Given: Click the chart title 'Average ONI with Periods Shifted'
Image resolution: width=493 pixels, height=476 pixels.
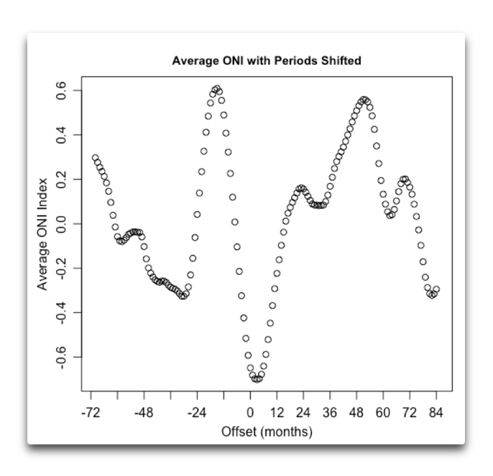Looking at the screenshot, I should (266, 60).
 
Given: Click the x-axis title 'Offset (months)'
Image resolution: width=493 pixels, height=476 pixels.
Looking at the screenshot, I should (267, 431).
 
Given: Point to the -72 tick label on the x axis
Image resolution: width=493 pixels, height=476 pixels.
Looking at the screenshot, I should (91, 413).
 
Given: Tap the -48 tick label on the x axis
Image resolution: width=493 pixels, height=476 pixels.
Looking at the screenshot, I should (144, 413).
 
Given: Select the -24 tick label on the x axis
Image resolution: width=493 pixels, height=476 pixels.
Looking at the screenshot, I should (197, 413).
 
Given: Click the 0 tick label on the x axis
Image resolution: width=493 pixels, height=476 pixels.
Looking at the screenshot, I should (250, 413).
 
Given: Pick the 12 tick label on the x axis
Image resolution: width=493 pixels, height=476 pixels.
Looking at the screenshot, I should (277, 413).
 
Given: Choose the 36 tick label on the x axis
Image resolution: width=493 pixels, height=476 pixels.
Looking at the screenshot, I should (330, 413).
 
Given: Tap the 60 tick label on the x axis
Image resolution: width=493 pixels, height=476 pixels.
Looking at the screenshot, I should (383, 413).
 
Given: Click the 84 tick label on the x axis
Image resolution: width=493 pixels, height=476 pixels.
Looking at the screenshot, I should (436, 413).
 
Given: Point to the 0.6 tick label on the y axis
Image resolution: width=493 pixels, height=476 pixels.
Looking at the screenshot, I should (62, 90).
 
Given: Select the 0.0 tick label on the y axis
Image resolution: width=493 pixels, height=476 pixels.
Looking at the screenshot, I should (62, 224).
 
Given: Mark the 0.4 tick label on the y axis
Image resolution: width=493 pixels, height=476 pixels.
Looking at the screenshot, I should (62, 134).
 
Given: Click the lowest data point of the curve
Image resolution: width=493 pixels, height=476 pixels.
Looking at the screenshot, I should (257, 379).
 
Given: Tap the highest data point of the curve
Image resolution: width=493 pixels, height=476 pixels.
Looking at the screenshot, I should (216, 88).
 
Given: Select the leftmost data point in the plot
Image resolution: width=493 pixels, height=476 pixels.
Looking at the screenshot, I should (95, 158).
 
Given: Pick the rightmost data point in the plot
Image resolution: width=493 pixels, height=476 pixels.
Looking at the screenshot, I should (436, 289).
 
